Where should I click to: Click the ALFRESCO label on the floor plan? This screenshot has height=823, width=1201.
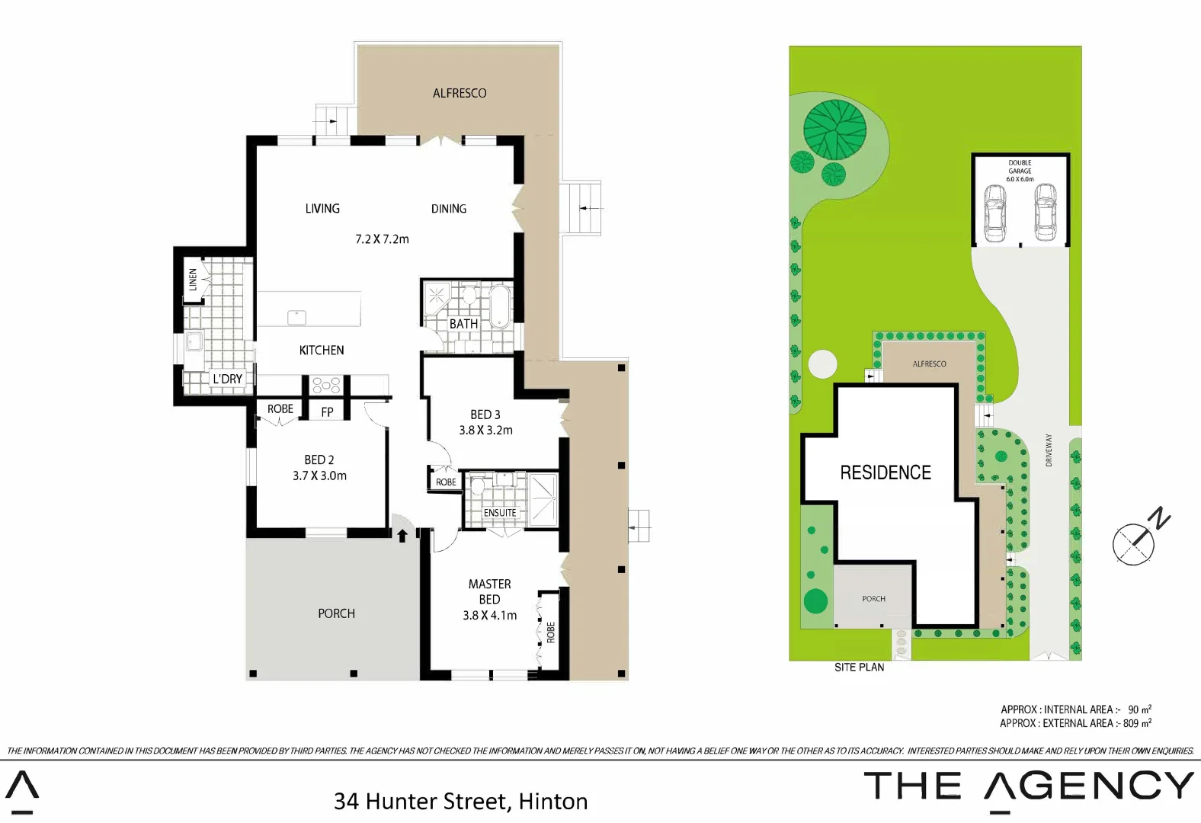[460, 93]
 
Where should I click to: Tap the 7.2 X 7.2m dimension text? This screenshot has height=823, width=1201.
[382, 239]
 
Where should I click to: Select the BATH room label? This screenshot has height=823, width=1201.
[463, 324]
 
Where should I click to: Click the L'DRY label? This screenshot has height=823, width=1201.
[227, 379]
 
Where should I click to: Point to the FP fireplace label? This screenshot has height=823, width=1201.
[327, 412]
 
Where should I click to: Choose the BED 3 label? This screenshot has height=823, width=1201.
[485, 415]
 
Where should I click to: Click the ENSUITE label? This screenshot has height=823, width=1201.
[500, 513]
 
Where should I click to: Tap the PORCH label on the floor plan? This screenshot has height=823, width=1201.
[336, 613]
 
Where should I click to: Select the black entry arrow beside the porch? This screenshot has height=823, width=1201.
[402, 536]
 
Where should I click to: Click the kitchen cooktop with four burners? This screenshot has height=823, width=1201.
[326, 385]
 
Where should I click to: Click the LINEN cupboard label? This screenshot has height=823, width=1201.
[193, 280]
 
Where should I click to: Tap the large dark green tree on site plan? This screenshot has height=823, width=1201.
[835, 130]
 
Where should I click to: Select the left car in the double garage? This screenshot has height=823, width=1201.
[994, 212]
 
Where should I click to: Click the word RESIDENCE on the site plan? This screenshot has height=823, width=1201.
[886, 472]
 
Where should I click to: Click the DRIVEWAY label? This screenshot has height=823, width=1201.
[1049, 450]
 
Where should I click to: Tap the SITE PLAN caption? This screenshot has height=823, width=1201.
[859, 668]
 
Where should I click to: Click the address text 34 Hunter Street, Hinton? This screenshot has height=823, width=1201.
[460, 802]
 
